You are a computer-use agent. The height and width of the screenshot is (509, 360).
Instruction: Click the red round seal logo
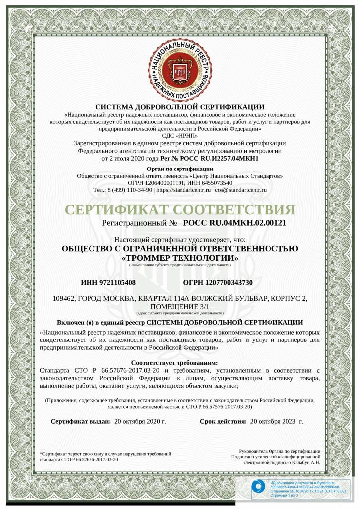[x=180, y=66]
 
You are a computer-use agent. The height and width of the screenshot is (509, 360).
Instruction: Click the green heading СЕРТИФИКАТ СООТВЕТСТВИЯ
[x=180, y=209]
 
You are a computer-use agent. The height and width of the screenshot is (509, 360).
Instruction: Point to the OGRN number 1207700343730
[x=225, y=283]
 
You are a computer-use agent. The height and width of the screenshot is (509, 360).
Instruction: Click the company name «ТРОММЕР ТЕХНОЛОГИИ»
[x=180, y=258]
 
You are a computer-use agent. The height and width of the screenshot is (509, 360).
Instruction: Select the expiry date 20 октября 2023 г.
[x=276, y=421]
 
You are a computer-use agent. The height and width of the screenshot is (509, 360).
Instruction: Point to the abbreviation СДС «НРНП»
[x=180, y=135]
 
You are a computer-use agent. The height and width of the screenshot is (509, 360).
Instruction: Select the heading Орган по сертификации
[x=180, y=169]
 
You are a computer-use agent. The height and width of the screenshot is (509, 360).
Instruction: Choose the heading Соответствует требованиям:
[x=180, y=363]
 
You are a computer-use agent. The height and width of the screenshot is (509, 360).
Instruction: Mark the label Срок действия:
[x=223, y=421]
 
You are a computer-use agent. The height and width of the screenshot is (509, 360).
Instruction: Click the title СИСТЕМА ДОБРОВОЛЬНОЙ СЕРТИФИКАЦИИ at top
[x=180, y=106]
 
